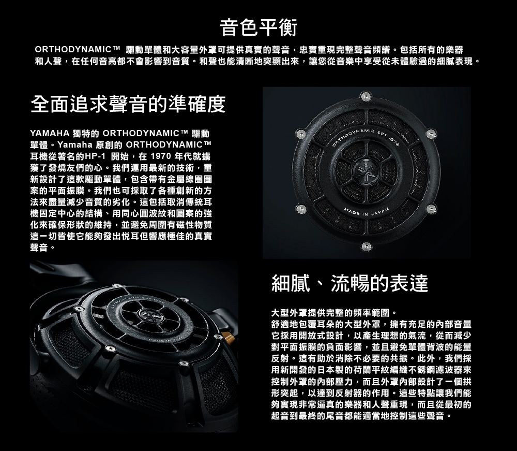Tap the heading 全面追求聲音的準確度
coord(128,105)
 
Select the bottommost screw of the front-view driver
coord(367,246)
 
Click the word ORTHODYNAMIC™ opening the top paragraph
coord(78,49)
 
